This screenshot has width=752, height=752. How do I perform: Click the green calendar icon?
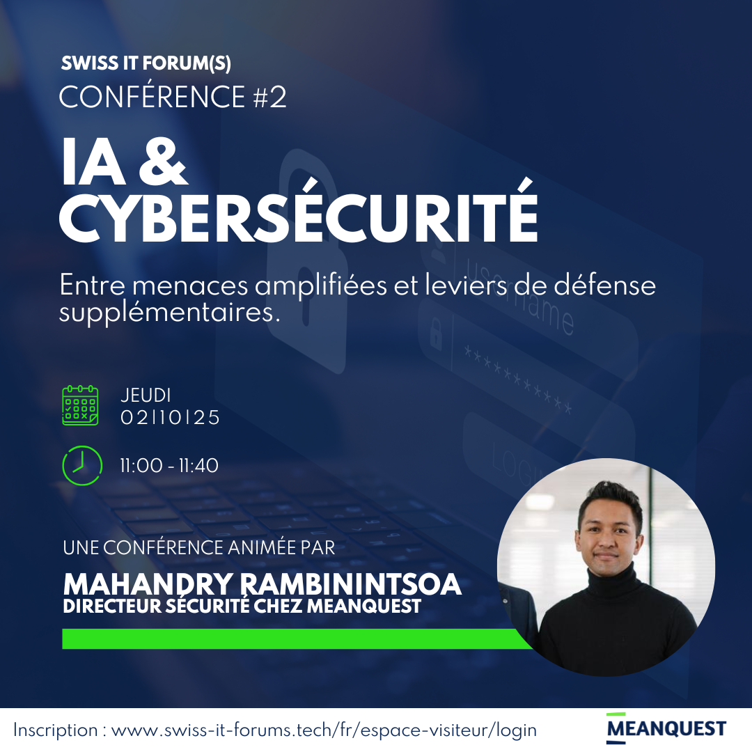[80, 405]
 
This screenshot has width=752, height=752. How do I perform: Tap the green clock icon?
[82, 465]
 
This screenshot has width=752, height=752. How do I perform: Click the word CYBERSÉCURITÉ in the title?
[298, 215]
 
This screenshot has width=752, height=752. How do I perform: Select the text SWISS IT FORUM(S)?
[146, 63]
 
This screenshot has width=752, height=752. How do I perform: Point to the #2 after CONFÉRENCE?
[269, 97]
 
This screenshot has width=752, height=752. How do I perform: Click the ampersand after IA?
[162, 162]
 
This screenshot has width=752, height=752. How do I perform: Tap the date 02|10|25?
[170, 418]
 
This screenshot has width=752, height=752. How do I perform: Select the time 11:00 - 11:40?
[169, 466]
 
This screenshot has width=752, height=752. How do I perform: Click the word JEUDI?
[146, 395]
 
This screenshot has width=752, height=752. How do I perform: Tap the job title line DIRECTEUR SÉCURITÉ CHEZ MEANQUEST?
[242, 606]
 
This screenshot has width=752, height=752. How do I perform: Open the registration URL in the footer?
[324, 730]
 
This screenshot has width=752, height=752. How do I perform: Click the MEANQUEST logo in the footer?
[666, 728]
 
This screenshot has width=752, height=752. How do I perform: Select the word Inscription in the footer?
[56, 730]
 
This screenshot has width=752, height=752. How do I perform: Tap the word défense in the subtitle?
[605, 285]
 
